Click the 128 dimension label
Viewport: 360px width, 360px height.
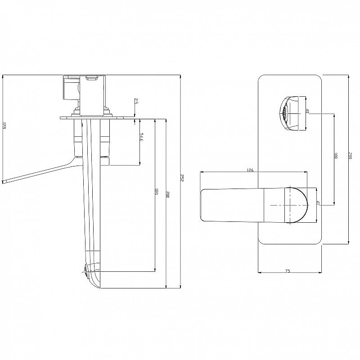click(4, 127)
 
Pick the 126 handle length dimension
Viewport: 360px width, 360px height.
click(251, 171)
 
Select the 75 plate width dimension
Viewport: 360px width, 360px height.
click(288, 271)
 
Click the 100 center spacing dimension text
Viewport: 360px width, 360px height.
click(335, 156)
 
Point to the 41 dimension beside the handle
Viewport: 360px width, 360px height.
click(318, 203)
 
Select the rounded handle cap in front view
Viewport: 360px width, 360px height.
click(297, 205)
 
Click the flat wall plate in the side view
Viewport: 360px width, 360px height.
click(97, 117)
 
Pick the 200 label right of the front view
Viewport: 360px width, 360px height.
click(350, 156)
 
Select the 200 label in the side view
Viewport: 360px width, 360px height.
click(168, 194)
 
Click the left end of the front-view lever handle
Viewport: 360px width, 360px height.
click(202, 205)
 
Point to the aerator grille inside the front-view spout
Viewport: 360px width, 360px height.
click(284, 113)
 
